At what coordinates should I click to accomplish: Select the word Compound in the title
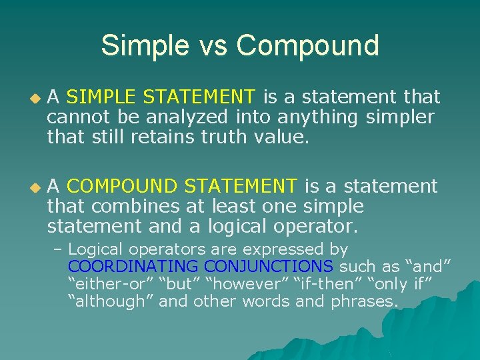pyautogui.click(x=307, y=45)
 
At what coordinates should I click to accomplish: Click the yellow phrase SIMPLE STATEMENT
pyautogui.click(x=161, y=98)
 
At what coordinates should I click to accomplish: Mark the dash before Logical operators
pyautogui.click(x=58, y=250)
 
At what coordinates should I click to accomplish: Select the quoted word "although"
pyautogui.click(x=104, y=301)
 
